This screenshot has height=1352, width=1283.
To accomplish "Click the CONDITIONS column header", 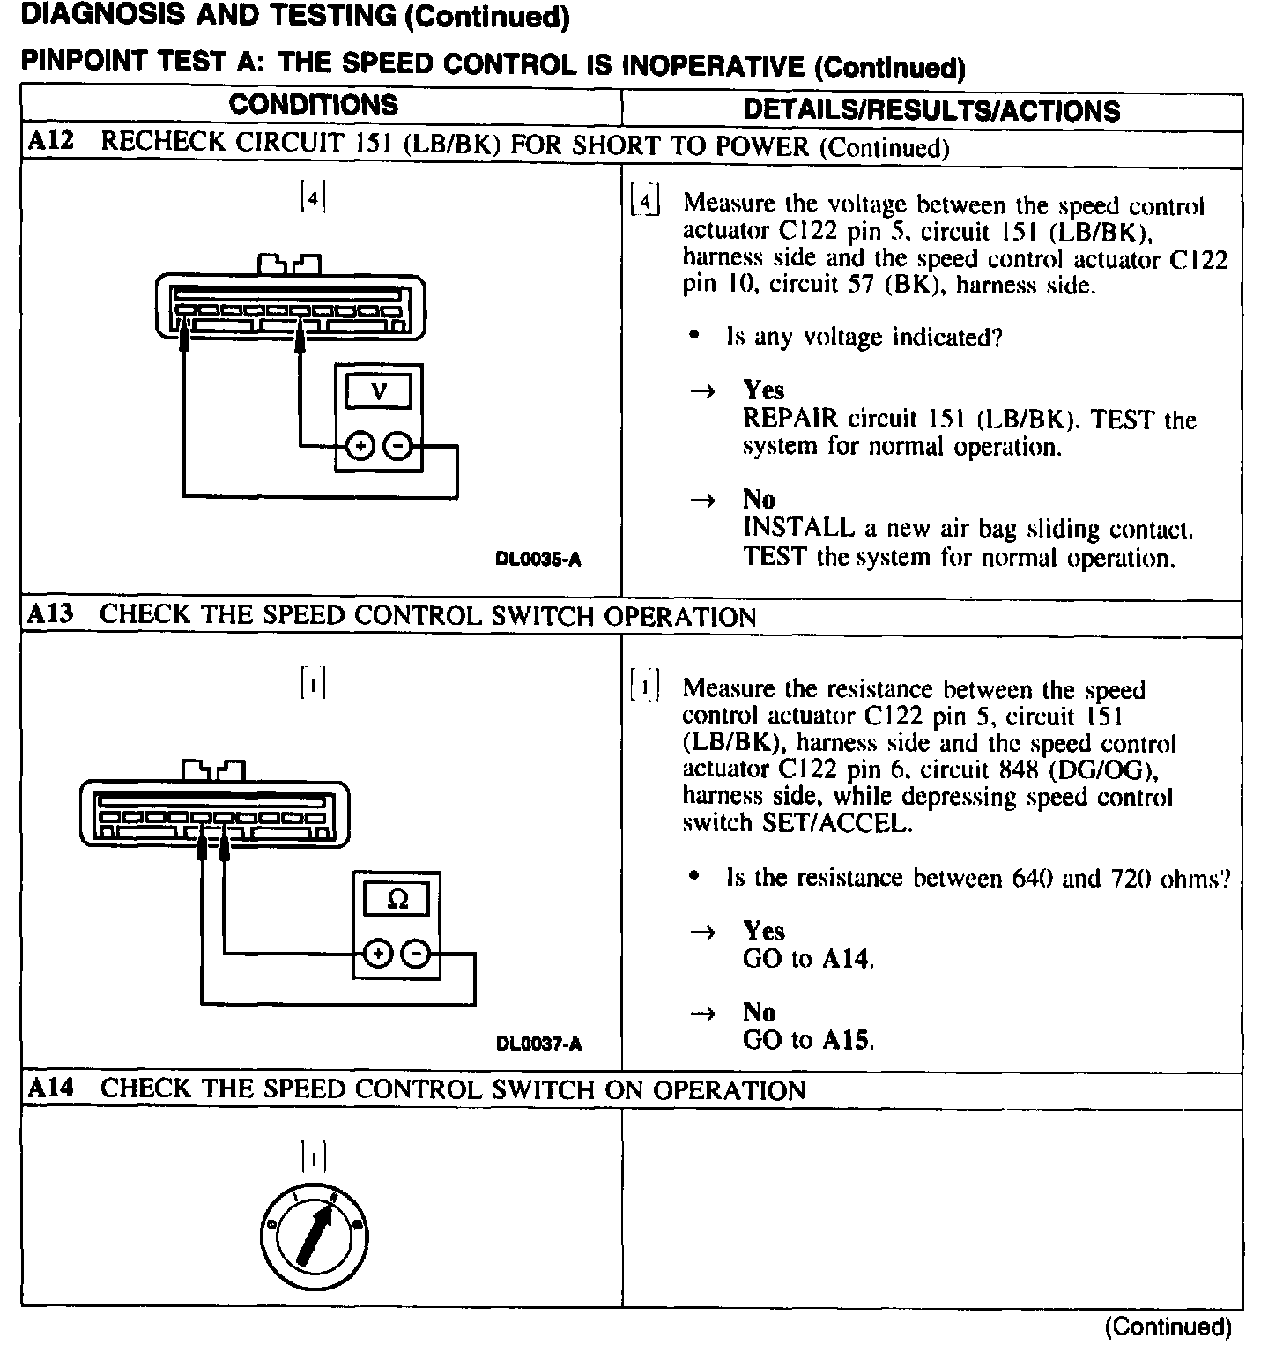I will point(313,105).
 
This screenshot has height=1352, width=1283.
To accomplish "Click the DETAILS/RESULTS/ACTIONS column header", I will point(931,110).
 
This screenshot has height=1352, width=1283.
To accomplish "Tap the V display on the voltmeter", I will point(379,390).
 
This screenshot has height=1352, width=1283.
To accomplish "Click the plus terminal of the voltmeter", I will point(360,447).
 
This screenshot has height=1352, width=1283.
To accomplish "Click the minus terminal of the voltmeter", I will point(398,447).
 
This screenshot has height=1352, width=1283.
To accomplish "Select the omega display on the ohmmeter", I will point(397,899).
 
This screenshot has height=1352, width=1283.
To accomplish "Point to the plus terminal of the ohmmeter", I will point(378,954).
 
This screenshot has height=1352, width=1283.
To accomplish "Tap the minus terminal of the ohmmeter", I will point(417,954).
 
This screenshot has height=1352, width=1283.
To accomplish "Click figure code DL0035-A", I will point(538,560).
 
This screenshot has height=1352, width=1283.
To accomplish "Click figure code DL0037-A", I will point(538,1044).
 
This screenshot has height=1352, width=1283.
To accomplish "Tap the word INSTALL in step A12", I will point(798,528).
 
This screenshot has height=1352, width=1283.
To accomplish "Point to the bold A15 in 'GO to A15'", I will point(847,1040).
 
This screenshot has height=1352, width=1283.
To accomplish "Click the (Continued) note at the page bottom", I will point(1167,1326).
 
